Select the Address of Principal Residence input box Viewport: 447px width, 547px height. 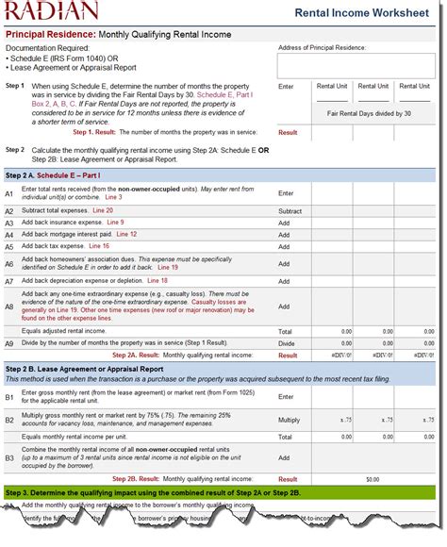[x=356, y=65]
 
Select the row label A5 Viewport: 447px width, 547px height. [x=9, y=246]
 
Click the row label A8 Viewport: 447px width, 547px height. [x=9, y=307]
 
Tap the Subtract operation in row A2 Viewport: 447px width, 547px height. [x=290, y=211]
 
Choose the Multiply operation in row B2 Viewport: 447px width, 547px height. [x=290, y=419]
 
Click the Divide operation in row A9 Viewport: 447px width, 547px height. [x=285, y=343]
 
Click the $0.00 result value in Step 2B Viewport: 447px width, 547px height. [x=372, y=479]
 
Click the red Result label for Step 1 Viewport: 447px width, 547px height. [x=288, y=132]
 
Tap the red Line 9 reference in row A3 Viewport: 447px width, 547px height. [x=115, y=223]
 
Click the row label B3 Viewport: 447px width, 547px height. [x=9, y=457]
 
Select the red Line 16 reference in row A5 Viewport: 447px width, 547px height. [x=112, y=246]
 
